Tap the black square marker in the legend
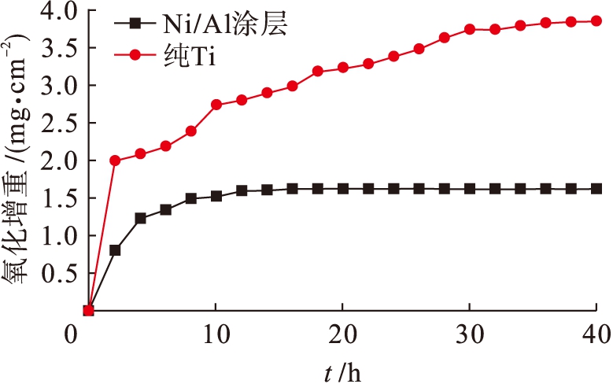pos(135,24)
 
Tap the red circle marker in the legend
pos(135,54)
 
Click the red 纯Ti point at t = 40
pos(596,21)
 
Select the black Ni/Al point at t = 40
pos(596,189)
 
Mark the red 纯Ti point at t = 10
pos(216,105)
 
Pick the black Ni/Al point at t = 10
pos(216,196)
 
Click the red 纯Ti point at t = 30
pos(470,29)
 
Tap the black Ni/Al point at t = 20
pos(343,189)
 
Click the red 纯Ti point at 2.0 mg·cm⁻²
pos(115,161)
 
